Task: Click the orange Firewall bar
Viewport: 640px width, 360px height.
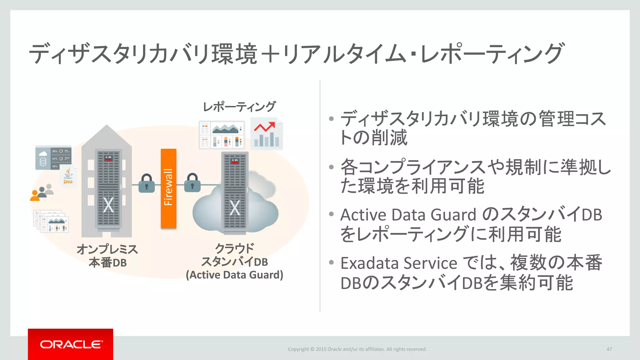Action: pyautogui.click(x=168, y=188)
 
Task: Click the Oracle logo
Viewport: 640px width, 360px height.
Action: pyautogui.click(x=71, y=344)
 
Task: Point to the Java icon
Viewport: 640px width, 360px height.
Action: pyautogui.click(x=68, y=177)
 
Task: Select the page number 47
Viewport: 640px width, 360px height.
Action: pyautogui.click(x=609, y=349)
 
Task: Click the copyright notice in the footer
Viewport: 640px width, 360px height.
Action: pyautogui.click(x=357, y=349)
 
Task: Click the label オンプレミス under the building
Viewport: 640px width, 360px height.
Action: pyautogui.click(x=107, y=249)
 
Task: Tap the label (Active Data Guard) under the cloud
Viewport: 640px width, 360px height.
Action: pyautogui.click(x=234, y=275)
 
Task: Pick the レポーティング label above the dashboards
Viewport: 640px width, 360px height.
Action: pyautogui.click(x=239, y=107)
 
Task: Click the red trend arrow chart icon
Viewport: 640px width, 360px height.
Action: pyautogui.click(x=266, y=134)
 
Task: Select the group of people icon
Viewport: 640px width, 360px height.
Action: pyautogui.click(x=42, y=192)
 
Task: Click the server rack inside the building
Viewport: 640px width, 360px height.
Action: pyautogui.click(x=108, y=189)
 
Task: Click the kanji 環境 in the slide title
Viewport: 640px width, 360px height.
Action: pyautogui.click(x=234, y=54)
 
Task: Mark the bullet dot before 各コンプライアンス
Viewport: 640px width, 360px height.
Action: pyautogui.click(x=332, y=167)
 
